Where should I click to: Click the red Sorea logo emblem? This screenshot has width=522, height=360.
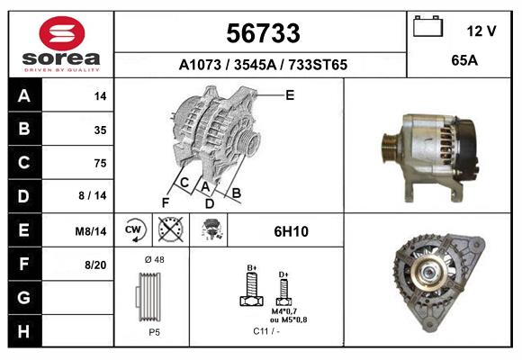coord(62,33)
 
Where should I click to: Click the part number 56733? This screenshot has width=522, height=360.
coord(263,33)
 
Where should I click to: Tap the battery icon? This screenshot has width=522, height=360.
coord(427,26)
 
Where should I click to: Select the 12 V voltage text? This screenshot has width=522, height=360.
coord(481,31)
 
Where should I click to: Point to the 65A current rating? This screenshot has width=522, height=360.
coord(464,60)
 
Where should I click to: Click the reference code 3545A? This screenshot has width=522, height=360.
coord(256,65)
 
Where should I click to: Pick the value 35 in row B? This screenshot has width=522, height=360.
coord(100,130)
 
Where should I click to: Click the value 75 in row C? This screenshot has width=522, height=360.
coord(100,163)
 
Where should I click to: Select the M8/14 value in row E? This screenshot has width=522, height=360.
coord(91,231)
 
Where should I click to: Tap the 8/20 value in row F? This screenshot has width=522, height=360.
coord(95,265)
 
